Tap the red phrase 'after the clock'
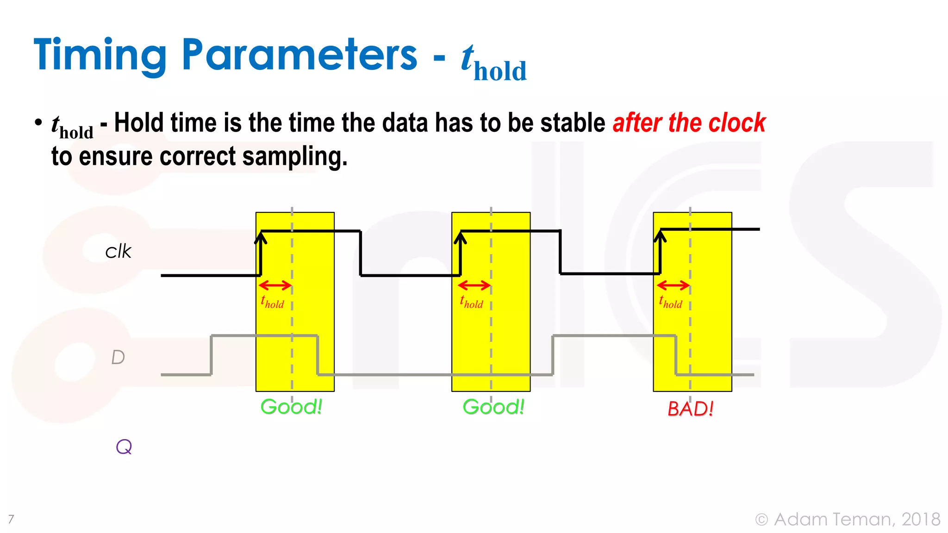click(689, 123)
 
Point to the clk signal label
click(118, 252)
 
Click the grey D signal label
click(118, 357)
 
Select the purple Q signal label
click(124, 447)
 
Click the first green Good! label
click(291, 407)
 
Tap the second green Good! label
click(493, 407)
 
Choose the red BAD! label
click(690, 409)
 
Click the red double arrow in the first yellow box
click(275, 285)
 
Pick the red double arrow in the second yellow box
click(474, 285)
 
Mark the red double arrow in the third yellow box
click(673, 285)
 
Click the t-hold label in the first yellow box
click(272, 302)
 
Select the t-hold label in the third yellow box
click(670, 302)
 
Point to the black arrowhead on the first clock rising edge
click(261, 237)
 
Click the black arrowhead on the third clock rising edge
click(660, 236)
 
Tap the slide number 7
click(11, 519)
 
